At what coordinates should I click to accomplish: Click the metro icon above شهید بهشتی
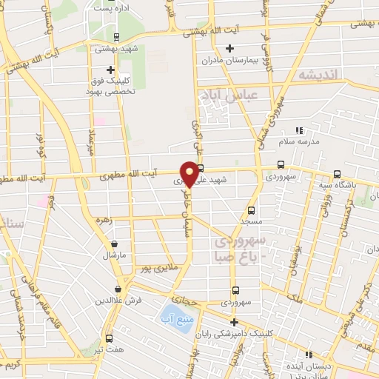pyautogui.click(x=115, y=36)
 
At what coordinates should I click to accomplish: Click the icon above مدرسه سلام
pyautogui.click(x=299, y=130)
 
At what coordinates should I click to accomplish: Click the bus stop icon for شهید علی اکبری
pyautogui.click(x=200, y=168)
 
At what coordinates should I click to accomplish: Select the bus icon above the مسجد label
pyautogui.click(x=252, y=209)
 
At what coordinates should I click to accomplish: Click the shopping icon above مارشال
pyautogui.click(x=113, y=244)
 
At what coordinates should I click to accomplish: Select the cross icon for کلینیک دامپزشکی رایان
pyautogui.click(x=235, y=322)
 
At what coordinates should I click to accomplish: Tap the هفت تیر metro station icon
pyautogui.click(x=109, y=338)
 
